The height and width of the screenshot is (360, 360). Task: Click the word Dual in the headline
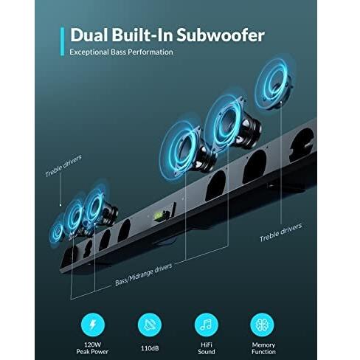(89, 35)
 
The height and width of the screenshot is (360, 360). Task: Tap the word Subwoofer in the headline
(221, 35)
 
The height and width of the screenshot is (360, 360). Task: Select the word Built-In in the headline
(142, 35)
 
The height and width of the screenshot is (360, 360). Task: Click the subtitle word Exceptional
(89, 52)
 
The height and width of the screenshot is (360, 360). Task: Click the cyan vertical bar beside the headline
(62, 41)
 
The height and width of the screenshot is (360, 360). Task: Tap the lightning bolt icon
(93, 325)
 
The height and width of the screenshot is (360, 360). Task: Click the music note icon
(206, 325)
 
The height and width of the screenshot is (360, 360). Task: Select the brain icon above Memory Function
(262, 325)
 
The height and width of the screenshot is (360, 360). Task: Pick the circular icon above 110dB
(150, 325)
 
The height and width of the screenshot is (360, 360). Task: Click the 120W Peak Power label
(92, 348)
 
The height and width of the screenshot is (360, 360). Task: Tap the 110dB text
(150, 348)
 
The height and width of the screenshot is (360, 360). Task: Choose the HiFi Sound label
(207, 348)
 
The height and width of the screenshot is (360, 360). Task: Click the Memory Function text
(263, 348)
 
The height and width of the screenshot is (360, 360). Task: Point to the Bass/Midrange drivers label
(144, 274)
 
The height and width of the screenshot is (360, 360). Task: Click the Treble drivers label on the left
(63, 166)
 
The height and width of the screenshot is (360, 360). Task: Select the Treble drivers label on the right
(280, 232)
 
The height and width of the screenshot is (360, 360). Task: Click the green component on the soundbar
(158, 216)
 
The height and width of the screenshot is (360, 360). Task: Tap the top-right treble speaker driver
(274, 83)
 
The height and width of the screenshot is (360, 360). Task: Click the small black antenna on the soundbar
(173, 209)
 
